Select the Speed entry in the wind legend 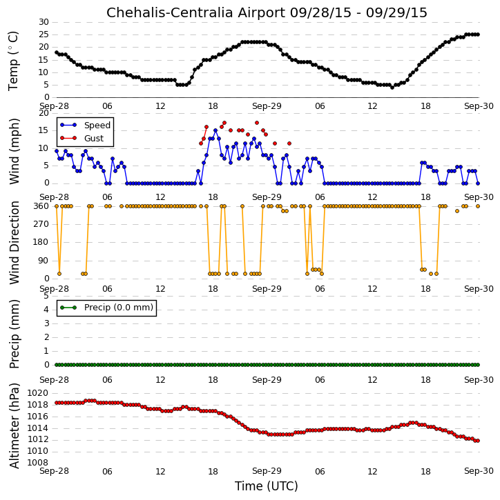click(97, 126)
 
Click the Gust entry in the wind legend click(94, 139)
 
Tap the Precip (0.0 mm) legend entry click(119, 308)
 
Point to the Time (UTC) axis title click(267, 486)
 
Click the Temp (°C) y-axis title click(13, 61)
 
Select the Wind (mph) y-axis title click(14, 152)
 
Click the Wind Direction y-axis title click(14, 243)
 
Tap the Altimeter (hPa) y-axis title click(14, 426)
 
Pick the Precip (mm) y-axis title click(14, 334)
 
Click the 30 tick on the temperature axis click(44, 22)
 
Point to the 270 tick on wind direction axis click(41, 224)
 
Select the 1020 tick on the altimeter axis click(38, 393)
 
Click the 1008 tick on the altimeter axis click(38, 463)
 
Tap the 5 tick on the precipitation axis click(46, 296)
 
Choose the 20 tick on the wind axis click(44, 113)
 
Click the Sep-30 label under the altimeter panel click(479, 471)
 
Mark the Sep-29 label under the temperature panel click(267, 106)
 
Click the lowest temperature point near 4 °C click(392, 88)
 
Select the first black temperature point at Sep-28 click(57, 52)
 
